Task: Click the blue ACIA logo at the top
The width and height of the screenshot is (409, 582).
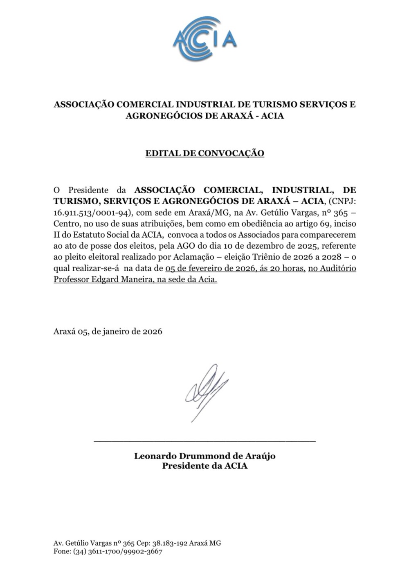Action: (204, 39)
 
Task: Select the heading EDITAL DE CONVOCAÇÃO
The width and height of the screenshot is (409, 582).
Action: (204, 153)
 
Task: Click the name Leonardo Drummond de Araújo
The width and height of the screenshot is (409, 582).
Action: (204, 456)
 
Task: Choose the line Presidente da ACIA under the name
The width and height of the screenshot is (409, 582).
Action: (204, 466)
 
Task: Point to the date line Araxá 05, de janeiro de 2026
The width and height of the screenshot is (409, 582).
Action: (108, 331)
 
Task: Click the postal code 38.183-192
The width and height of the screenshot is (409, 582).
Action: (170, 543)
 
